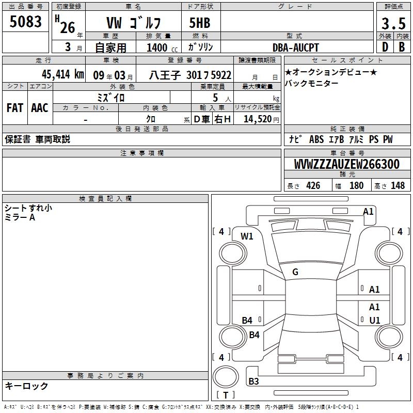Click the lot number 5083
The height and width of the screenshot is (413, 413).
pos(25,22)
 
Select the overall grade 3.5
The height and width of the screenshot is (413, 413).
pos(393,23)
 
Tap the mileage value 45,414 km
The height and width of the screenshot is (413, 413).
pos(62,74)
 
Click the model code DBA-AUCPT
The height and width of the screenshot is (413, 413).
pos(295,47)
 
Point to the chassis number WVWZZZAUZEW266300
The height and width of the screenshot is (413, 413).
pos(346,164)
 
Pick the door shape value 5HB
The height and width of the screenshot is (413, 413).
pos(200,23)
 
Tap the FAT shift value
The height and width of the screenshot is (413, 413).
pos(15,108)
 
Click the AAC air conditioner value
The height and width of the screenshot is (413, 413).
pos(40,108)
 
